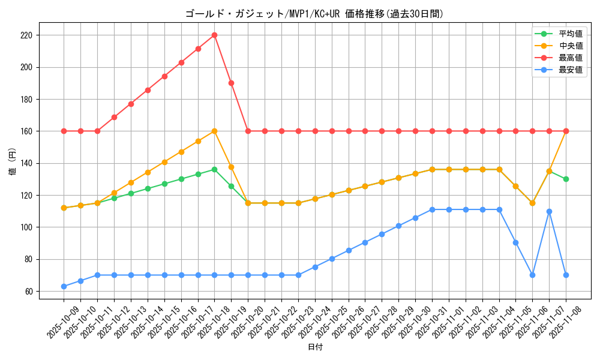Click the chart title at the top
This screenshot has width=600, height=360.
point(314,14)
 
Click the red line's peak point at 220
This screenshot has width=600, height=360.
point(214,35)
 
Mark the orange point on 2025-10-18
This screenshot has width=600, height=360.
point(214,131)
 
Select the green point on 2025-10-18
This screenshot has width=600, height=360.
point(214,169)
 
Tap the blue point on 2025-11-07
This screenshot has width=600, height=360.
point(549,211)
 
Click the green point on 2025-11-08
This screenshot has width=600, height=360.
point(566,179)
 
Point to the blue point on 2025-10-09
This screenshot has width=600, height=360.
point(64,286)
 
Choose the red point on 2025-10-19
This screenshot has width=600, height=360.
point(231,83)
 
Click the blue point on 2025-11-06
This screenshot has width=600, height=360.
point(532,275)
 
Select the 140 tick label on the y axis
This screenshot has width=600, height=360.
point(27,163)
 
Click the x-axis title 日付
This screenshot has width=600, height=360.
point(315,347)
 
